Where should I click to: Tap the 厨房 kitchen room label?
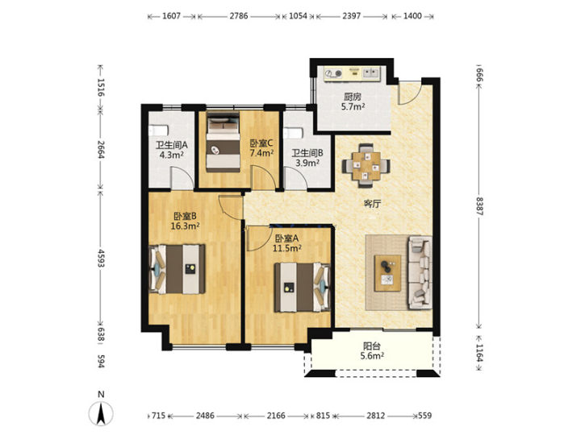coord(352,97)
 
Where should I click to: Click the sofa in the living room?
coord(420,272)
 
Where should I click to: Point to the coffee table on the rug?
coord(387,273)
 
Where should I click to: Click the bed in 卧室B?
coord(177,269)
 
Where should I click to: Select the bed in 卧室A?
coord(302,288)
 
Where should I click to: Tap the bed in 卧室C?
coord(223,143)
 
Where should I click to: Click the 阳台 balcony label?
coord(372,346)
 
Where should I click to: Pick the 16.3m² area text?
coord(186,226)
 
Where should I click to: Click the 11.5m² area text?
coord(286,248)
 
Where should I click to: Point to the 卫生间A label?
coord(172,145)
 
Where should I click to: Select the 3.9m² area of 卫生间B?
coord(307,163)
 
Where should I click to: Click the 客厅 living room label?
coord(372,204)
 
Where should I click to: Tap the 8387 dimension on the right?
coord(480,206)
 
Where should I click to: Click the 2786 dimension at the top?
coord(239,16)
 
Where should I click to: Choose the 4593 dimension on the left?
coord(101,259)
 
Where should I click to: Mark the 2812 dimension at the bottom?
coord(376,416)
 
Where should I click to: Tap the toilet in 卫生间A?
coord(159,130)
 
